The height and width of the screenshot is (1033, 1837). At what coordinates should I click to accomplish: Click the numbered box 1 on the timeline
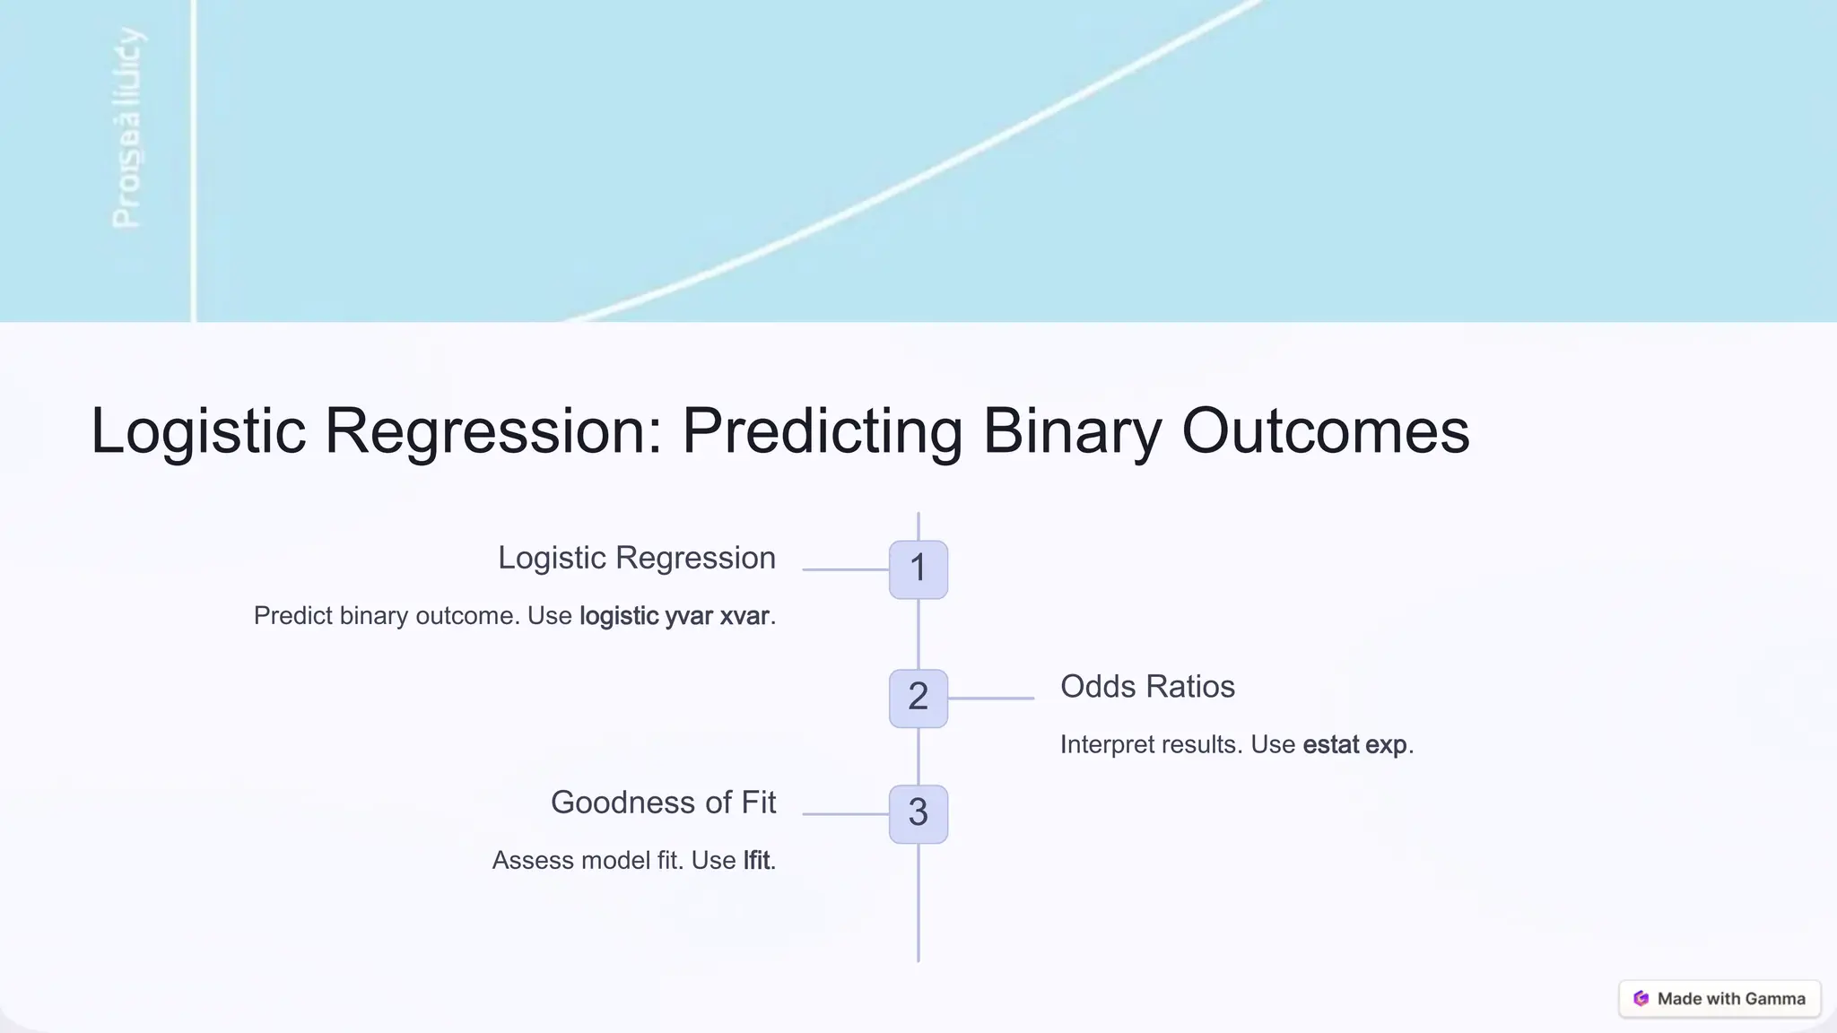coord(918,569)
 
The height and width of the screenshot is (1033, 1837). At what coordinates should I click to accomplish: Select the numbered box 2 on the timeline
coord(918,698)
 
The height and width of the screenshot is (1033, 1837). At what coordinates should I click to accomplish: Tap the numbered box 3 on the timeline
coord(918,813)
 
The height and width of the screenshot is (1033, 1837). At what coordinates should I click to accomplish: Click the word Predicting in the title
coord(822,432)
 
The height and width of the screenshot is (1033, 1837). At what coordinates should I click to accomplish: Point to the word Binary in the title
coord(1072,432)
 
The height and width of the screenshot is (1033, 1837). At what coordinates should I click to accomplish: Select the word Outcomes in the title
coord(1325,432)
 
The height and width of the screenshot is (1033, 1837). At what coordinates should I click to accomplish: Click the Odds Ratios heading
coord(1147,687)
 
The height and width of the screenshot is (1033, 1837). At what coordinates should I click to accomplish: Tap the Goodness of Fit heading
coord(663,803)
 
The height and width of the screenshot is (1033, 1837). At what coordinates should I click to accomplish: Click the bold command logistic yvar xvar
coord(675,616)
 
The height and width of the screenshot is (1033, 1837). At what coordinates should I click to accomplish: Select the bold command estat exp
coord(1354,745)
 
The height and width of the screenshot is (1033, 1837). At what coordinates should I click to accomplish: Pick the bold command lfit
coord(756,861)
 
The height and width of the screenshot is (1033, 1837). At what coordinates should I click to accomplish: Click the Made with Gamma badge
coord(1719,999)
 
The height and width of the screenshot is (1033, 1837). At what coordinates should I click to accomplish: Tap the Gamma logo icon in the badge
coord(1641,999)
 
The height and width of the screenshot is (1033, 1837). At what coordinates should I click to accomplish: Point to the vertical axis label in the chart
coord(126,128)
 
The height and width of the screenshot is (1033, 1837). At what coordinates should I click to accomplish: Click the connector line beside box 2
coord(991,698)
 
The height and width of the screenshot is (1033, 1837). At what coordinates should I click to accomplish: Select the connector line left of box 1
coord(845,569)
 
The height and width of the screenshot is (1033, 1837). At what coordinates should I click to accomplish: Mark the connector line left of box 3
coord(845,813)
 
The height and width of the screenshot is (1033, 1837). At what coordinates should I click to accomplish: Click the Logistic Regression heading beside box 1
coord(637,558)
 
